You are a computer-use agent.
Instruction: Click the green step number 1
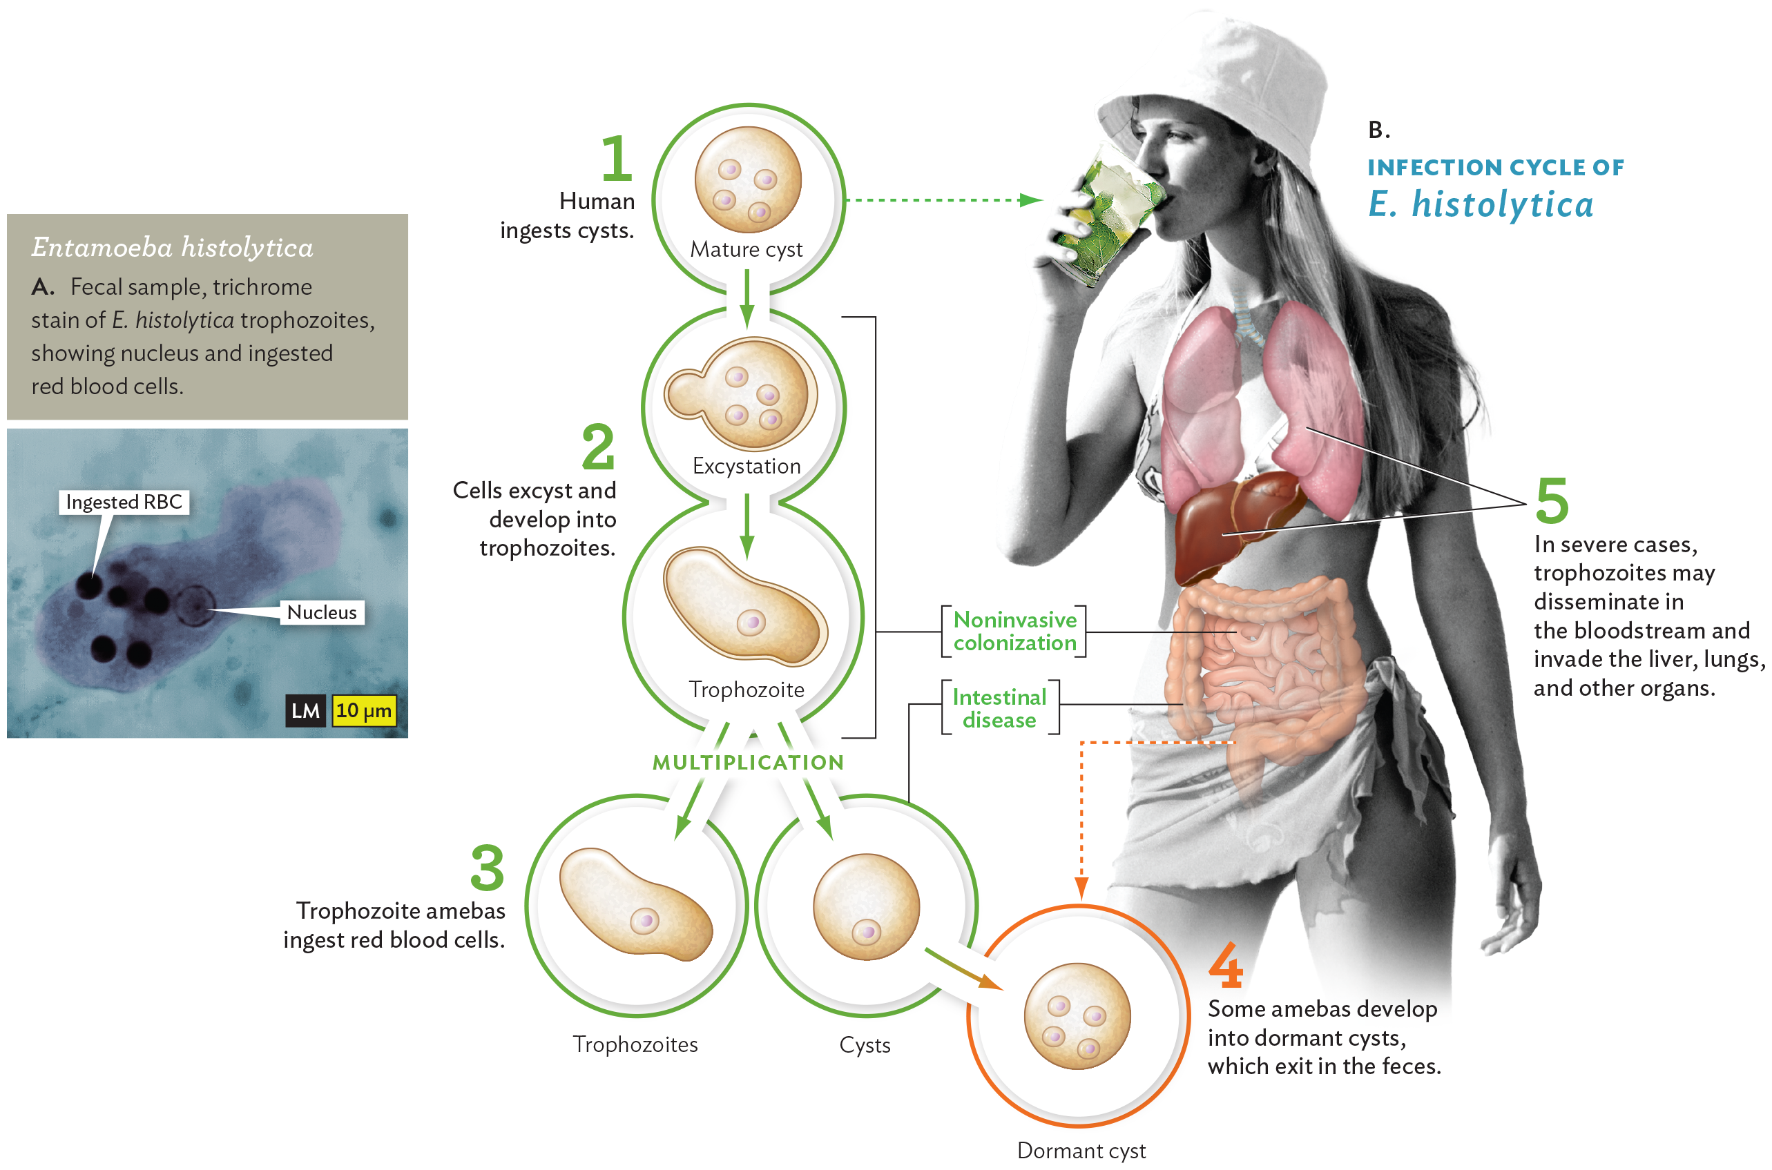pyautogui.click(x=617, y=158)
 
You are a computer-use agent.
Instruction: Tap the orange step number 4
pyautogui.click(x=1226, y=966)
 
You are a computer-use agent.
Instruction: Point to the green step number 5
pyautogui.click(x=1552, y=501)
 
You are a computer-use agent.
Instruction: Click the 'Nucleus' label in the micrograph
pyautogui.click(x=322, y=612)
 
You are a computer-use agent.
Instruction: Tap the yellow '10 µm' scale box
pyautogui.click(x=363, y=710)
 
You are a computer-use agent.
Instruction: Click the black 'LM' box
pyautogui.click(x=305, y=711)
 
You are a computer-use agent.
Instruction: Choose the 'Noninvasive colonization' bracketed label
pyautogui.click(x=1014, y=632)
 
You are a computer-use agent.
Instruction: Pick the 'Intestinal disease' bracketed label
pyautogui.click(x=999, y=708)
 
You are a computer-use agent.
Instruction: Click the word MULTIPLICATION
pyautogui.click(x=748, y=763)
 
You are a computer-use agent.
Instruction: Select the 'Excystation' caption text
pyautogui.click(x=747, y=467)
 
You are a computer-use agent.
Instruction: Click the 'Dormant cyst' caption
pyautogui.click(x=1081, y=1151)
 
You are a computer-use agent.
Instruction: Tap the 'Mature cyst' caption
pyautogui.click(x=747, y=249)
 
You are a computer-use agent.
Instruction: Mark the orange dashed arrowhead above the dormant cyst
pyautogui.click(x=1081, y=888)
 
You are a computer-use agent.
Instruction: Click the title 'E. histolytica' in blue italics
pyautogui.click(x=1481, y=204)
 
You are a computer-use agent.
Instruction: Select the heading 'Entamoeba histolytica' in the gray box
pyautogui.click(x=173, y=247)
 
